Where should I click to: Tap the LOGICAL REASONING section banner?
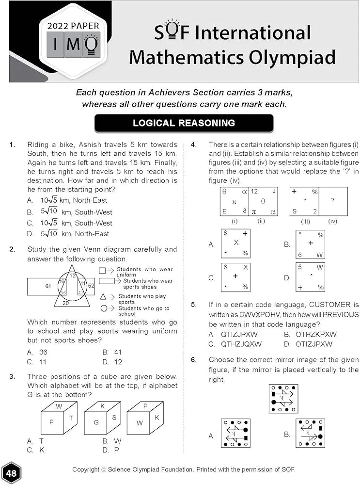(x=184, y=123)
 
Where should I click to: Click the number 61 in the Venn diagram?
(x=48, y=286)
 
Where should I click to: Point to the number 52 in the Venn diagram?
(x=91, y=286)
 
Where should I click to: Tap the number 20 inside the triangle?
(x=66, y=303)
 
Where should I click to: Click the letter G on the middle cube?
(x=96, y=422)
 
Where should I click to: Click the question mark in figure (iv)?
(x=333, y=200)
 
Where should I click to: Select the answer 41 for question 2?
(x=118, y=352)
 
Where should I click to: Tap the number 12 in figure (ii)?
(x=254, y=192)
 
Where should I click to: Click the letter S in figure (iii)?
(x=294, y=211)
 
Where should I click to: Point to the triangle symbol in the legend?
(x=103, y=296)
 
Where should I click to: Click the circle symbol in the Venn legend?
(x=103, y=308)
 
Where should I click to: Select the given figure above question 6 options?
(x=283, y=399)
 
